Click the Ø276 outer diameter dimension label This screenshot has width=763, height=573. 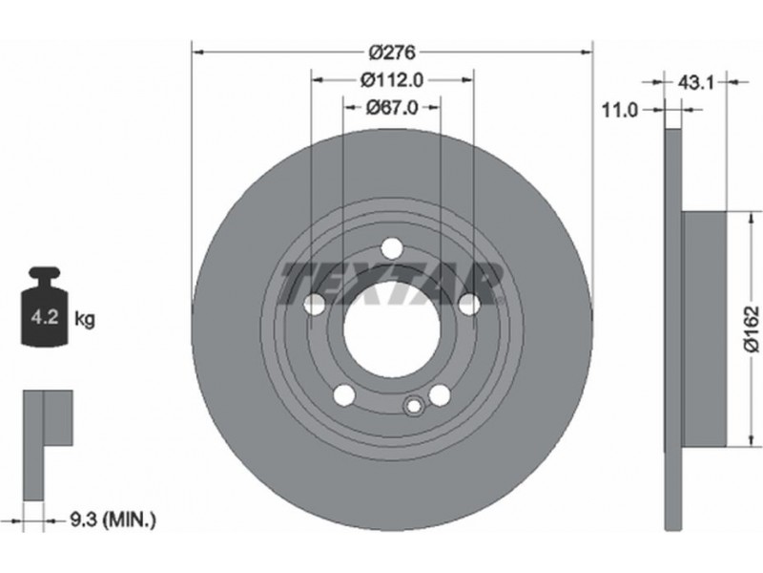(x=392, y=53)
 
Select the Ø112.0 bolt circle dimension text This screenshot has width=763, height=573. (x=392, y=80)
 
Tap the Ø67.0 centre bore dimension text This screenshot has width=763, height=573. (x=392, y=108)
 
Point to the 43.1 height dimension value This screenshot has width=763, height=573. (x=695, y=83)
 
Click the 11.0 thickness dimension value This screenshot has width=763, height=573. (x=619, y=111)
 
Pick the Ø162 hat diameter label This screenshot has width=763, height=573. (x=752, y=329)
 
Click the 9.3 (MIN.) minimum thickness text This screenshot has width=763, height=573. (x=113, y=520)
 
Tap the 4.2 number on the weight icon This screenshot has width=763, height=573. (x=44, y=317)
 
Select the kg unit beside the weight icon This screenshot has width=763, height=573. (x=85, y=320)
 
